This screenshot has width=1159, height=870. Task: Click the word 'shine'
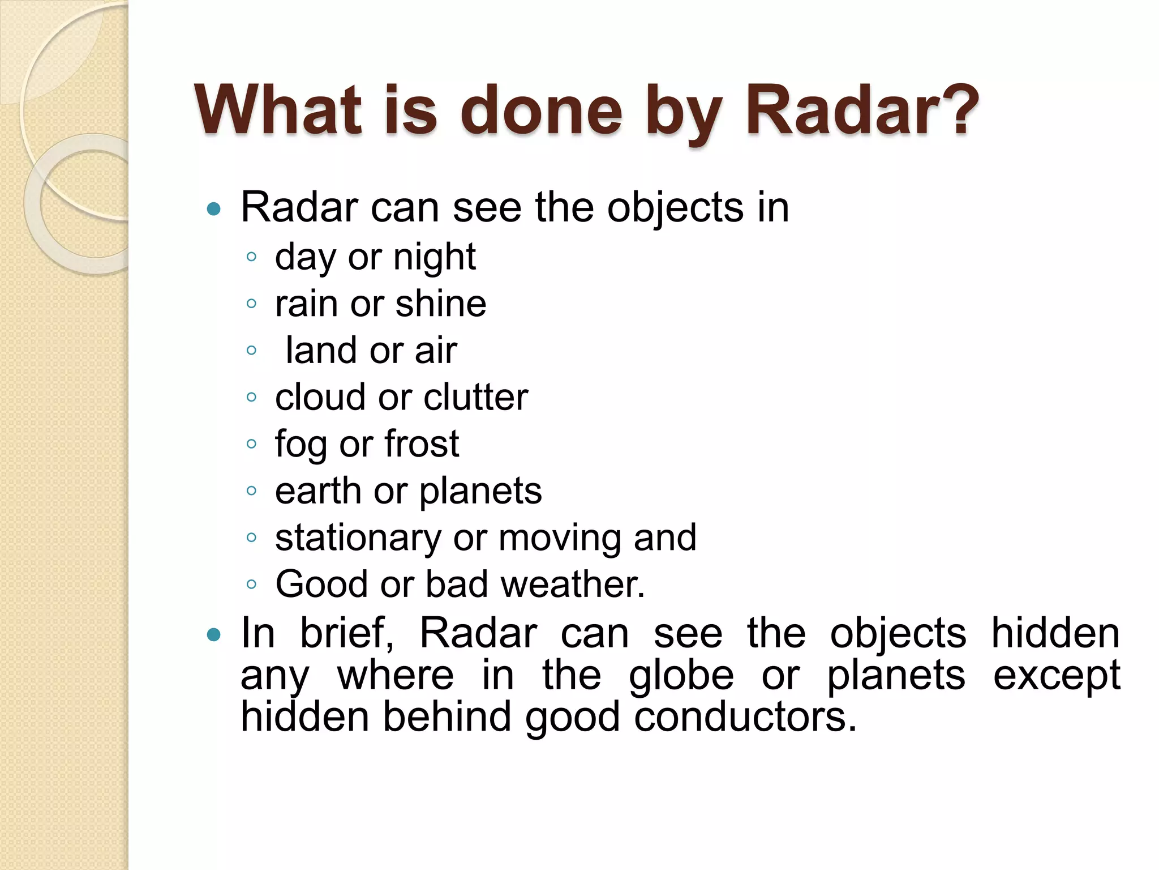tap(441, 304)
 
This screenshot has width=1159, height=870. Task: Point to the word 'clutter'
tap(475, 397)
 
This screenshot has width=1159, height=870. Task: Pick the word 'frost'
tap(422, 443)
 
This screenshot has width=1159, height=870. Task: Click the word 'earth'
tap(318, 491)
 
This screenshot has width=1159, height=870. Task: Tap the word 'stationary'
tap(358, 538)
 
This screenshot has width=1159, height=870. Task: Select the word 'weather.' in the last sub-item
tap(573, 584)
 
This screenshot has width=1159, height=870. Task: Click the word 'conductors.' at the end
tap(745, 717)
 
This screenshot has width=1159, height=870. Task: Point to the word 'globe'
tap(681, 676)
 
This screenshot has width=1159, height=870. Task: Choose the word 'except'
tap(1057, 676)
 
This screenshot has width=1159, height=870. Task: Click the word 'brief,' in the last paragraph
tap(346, 633)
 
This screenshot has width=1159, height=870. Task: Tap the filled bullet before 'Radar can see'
tap(214, 210)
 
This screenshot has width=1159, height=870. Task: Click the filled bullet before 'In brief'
tap(214, 635)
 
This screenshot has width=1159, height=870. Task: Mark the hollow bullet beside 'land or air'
tap(252, 351)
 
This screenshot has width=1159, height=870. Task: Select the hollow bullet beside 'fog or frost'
tap(252, 443)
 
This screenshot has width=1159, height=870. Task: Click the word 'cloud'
tap(320, 397)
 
